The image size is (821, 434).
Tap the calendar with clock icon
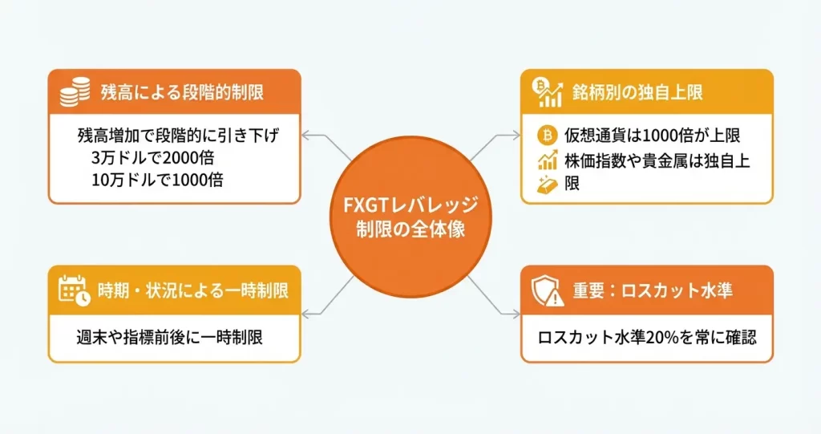(x=75, y=290)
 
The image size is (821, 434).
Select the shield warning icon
(x=547, y=290)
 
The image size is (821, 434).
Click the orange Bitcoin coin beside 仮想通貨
(x=548, y=132)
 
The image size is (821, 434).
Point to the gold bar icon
(x=548, y=184)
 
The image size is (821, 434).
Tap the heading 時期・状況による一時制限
(x=193, y=290)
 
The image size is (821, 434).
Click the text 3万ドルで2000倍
(x=152, y=157)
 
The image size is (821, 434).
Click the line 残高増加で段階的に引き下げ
(x=178, y=135)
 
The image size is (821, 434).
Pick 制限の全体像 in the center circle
(x=410, y=228)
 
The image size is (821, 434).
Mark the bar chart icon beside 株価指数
(x=548, y=159)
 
